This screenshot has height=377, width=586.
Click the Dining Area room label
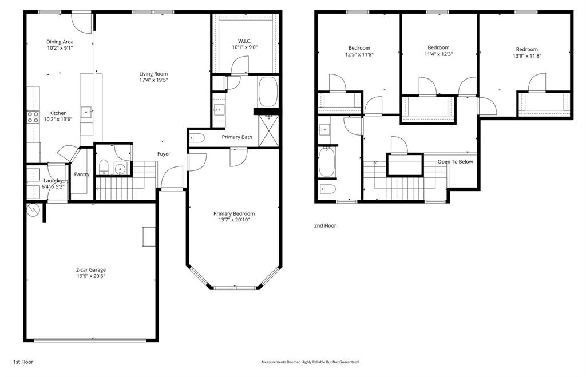60,41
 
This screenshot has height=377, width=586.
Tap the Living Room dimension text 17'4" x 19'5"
153,80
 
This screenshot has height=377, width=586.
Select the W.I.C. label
244,41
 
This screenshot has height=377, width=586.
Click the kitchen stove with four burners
33,117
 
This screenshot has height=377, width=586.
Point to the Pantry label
81,174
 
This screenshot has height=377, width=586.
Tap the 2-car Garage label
90,270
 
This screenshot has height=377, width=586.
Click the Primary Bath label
237,137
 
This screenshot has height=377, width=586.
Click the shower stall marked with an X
268,130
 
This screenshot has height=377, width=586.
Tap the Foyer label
164,154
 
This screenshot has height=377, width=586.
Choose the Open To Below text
455,162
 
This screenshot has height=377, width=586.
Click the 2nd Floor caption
324,226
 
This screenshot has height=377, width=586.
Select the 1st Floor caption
23,362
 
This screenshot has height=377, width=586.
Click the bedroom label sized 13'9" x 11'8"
526,56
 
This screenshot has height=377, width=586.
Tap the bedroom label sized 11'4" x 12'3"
438,54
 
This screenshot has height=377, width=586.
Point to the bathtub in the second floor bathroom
327,162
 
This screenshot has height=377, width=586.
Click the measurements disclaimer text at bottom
310,362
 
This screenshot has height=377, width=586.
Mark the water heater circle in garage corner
33,210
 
